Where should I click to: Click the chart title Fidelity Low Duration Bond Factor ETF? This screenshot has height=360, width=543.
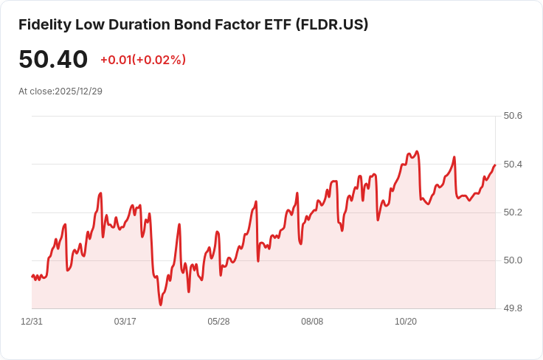tap(155, 24)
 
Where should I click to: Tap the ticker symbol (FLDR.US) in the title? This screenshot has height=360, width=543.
tap(332, 24)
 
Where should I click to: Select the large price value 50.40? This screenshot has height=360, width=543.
tap(53, 59)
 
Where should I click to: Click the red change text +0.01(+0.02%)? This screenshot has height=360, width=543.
tap(143, 60)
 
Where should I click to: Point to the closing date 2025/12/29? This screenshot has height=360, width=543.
tap(79, 91)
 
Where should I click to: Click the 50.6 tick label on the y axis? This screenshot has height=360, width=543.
tap(513, 116)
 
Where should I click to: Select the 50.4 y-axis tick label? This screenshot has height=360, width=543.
tap(513, 164)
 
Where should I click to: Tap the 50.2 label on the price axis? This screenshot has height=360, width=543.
tap(513, 212)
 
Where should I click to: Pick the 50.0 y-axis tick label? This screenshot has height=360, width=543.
tap(513, 260)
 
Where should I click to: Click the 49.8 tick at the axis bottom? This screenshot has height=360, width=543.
tap(513, 308)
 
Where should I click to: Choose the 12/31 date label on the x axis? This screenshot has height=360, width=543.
tap(32, 322)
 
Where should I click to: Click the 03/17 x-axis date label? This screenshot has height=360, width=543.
tap(125, 322)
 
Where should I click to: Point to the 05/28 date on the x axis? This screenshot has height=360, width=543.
tap(218, 322)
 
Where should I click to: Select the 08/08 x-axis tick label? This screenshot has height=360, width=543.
tap(312, 322)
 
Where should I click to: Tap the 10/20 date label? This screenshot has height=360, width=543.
tap(406, 322)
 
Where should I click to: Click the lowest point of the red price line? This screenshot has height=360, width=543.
tap(161, 305)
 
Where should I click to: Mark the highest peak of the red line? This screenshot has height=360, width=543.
tap(417, 151)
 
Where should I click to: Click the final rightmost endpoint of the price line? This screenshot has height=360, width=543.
tap(495, 165)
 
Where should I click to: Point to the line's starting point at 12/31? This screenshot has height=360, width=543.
tap(32, 276)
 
